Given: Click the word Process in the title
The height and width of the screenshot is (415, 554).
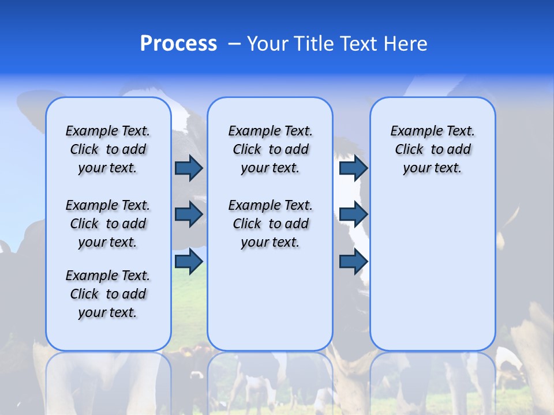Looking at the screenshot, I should click(x=178, y=44).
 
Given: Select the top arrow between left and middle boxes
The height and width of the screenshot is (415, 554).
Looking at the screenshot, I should click(x=189, y=168).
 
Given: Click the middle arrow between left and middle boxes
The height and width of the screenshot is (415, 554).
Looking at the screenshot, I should click(x=189, y=214).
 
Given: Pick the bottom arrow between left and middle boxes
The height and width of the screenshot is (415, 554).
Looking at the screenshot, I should click(x=189, y=261).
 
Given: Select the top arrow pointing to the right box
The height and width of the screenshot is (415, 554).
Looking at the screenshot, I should click(x=353, y=168).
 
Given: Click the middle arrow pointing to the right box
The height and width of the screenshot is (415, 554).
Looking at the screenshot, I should click(x=353, y=214).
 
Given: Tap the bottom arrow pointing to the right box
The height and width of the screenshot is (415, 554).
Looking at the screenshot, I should click(x=353, y=261).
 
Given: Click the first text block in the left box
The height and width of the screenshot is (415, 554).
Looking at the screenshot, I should click(x=108, y=149).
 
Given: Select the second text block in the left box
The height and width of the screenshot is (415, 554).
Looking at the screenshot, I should click(x=108, y=224).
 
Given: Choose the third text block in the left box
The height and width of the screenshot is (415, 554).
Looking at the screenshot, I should click(x=108, y=294).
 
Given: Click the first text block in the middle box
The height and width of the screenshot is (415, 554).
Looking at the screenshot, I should click(x=270, y=149).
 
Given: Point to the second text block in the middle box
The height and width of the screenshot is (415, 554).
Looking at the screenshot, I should click(x=270, y=224).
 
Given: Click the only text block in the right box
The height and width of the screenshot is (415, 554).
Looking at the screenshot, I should click(x=432, y=149).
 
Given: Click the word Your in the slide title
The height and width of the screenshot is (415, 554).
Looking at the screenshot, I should click(x=267, y=44).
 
